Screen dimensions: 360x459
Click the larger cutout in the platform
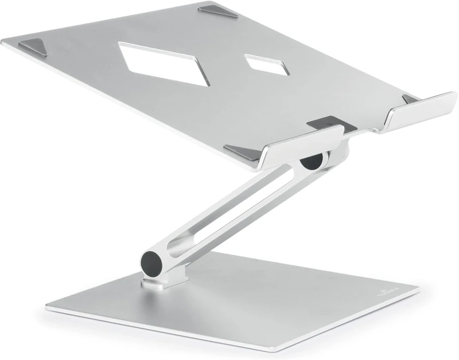(164, 62)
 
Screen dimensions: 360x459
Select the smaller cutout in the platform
(267, 64)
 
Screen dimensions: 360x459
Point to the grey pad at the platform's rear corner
(219, 12)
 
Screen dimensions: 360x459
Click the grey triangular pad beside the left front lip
(244, 151)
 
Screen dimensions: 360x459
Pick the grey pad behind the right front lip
(410, 99)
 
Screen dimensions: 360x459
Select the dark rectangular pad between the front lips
(325, 123)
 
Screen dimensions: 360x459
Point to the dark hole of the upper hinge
(312, 161)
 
